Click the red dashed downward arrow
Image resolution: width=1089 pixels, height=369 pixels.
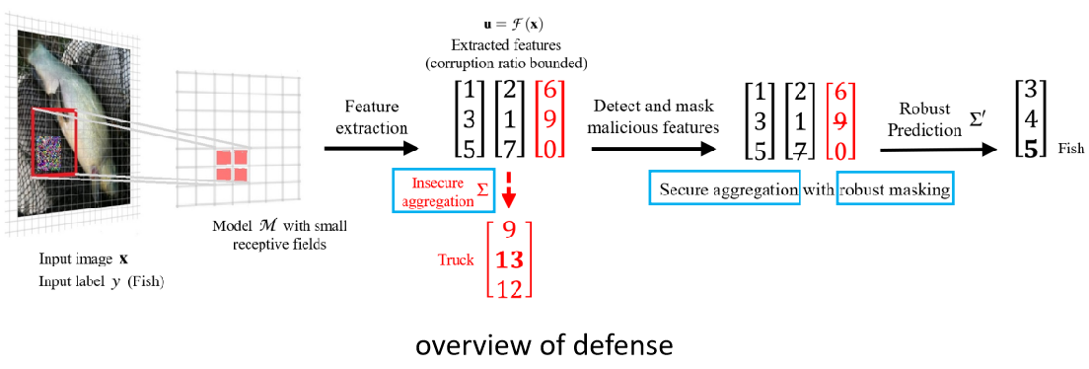pyautogui.click(x=509, y=191)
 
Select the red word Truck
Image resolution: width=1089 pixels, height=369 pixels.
pyautogui.click(x=457, y=260)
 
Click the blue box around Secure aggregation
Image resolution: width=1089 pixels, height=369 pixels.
pyautogui.click(x=724, y=188)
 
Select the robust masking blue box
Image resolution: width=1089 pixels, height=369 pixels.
pyautogui.click(x=896, y=188)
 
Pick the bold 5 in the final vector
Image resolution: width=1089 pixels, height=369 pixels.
pyautogui.click(x=1030, y=150)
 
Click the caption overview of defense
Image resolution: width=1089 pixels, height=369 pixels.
pyautogui.click(x=544, y=346)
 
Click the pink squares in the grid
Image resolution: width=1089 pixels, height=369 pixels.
pyautogui.click(x=233, y=165)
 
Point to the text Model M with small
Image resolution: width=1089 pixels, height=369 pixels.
pyautogui.click(x=279, y=225)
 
